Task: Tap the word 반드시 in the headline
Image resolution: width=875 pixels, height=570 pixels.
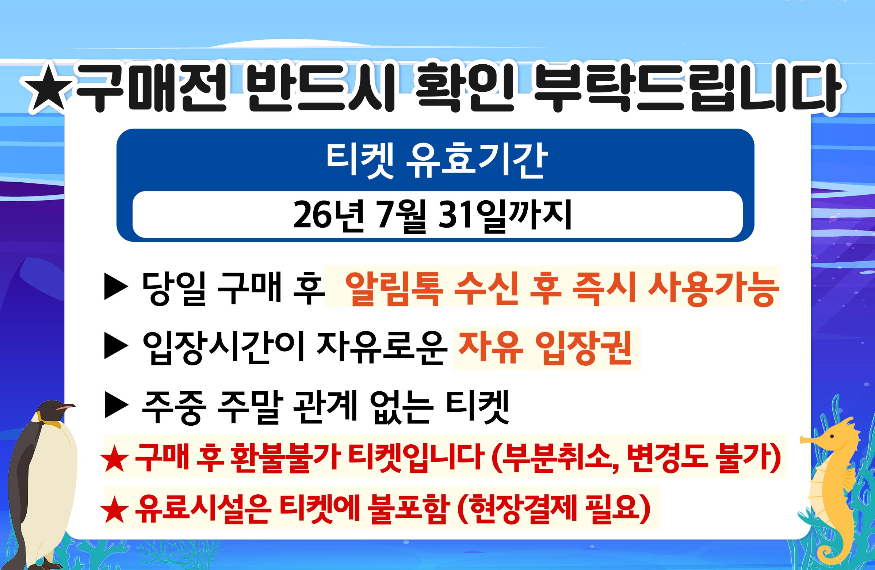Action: [320, 88]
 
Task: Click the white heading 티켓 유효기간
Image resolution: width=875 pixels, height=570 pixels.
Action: [437, 161]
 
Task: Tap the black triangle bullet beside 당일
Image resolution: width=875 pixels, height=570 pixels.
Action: [116, 286]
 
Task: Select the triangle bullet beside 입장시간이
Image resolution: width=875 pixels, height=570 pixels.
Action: [116, 346]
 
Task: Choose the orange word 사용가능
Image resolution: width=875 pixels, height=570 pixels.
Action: [713, 289]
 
